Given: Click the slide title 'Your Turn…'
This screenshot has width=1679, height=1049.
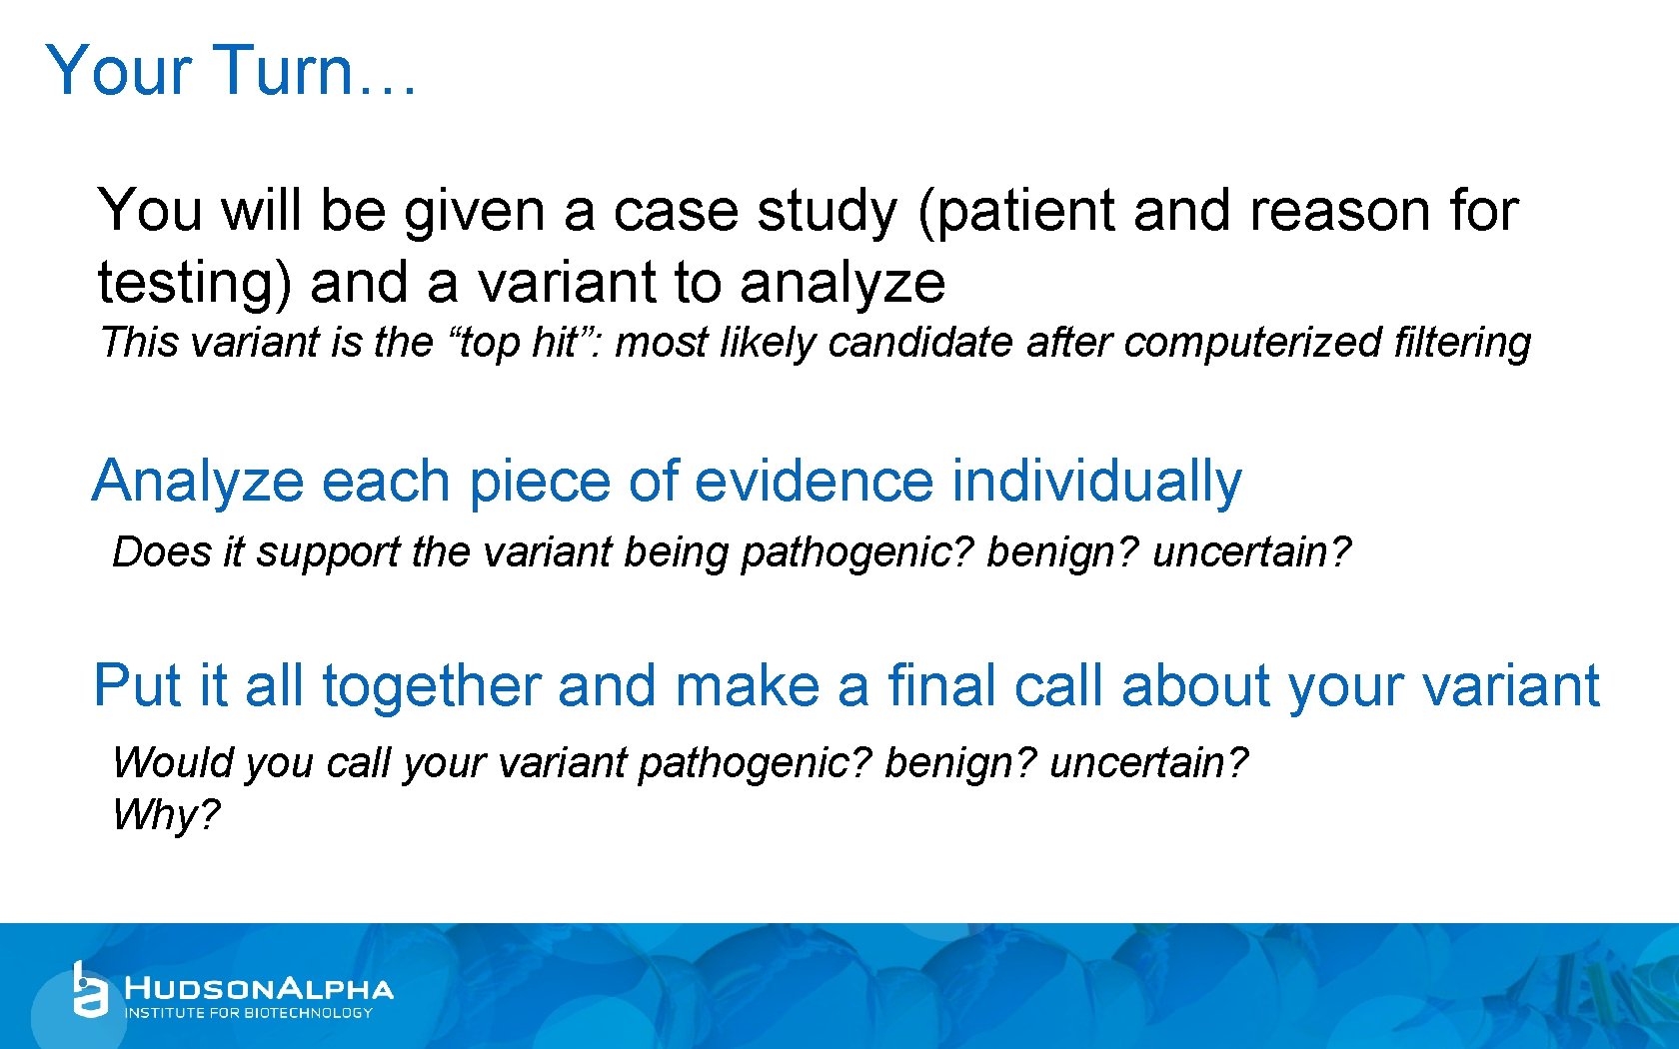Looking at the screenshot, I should click(231, 71).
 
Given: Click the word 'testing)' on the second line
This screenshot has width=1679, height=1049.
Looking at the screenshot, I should click(195, 283).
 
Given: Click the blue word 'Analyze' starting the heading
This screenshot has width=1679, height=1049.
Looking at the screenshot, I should click(198, 482).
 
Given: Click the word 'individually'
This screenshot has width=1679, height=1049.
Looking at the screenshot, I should click(1096, 482).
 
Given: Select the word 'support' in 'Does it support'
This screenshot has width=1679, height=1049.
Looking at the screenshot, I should click(327, 552).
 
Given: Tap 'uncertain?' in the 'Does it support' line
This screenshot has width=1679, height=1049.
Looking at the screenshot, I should click(1251, 552).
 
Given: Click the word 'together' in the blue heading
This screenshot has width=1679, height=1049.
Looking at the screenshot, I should click(431, 687).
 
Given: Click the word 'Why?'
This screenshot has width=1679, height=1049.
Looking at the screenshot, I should click(165, 815).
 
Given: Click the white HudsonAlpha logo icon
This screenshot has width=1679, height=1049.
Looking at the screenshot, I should click(90, 990).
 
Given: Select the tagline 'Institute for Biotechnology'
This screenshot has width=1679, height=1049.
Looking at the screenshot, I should click(248, 1013).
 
